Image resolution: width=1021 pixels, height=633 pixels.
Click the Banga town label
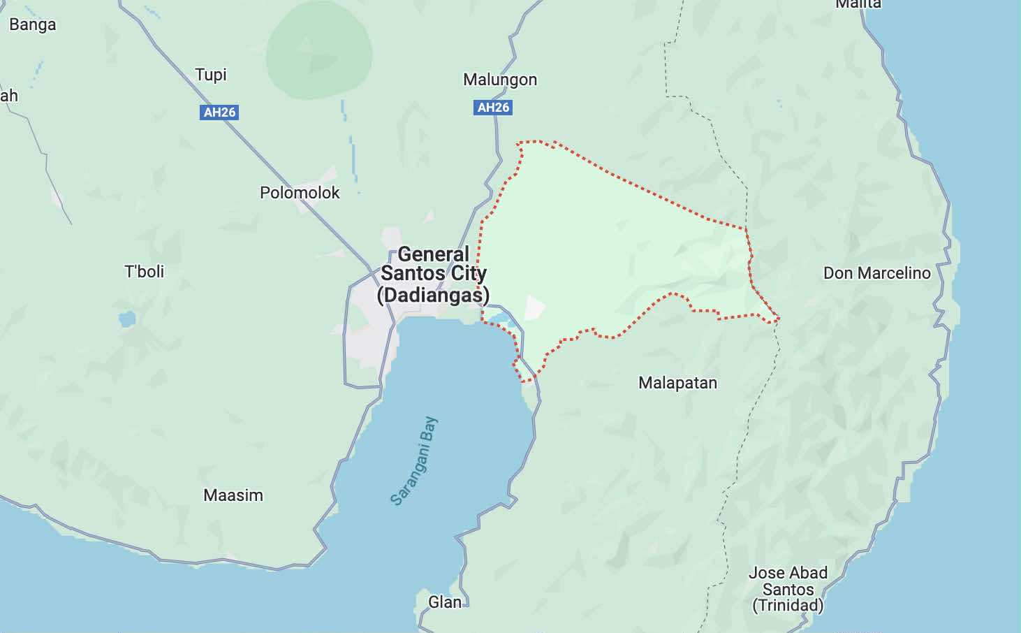point(32,25)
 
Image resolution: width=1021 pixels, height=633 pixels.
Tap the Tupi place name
point(211,75)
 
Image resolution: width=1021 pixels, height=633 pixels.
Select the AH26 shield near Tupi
point(219,112)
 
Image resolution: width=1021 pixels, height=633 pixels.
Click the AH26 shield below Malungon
point(493,108)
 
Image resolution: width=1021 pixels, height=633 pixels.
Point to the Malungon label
point(500,80)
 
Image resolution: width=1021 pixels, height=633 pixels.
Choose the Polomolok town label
point(300,193)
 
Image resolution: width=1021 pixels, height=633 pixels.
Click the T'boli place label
point(145,272)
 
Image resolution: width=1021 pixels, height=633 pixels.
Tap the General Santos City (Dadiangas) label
point(433,275)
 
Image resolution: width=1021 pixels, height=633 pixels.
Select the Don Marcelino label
point(876,273)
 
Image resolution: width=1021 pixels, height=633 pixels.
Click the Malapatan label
point(677,383)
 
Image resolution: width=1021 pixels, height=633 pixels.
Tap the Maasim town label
point(233,495)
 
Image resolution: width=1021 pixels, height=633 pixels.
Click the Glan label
point(445,602)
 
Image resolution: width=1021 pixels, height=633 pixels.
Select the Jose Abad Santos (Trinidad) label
point(788,589)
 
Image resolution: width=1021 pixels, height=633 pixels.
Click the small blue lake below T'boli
point(127,319)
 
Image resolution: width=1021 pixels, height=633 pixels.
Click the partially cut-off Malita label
point(858,4)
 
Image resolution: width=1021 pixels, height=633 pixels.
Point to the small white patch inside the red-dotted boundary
point(534,308)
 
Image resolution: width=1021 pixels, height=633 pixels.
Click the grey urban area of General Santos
point(370,335)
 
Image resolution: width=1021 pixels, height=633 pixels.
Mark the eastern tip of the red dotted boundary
point(778,319)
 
